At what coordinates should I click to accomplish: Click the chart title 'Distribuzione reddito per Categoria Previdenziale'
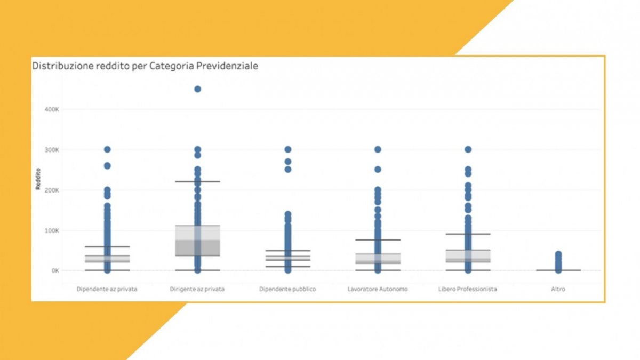tap(146, 66)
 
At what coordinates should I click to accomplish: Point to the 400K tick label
tap(51, 109)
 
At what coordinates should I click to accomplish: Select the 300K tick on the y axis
tap(51, 149)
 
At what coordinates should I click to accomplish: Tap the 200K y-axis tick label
tap(51, 190)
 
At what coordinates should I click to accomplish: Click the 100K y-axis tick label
tap(51, 230)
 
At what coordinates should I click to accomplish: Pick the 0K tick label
tap(54, 270)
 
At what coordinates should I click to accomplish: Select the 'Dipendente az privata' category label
tap(107, 289)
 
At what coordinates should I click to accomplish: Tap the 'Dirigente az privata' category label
tap(197, 289)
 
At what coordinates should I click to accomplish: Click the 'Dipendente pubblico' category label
tap(287, 289)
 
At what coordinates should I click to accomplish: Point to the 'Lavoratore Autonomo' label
tap(378, 289)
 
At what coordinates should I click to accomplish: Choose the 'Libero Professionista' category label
tap(468, 289)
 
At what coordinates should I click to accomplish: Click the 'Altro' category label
tap(558, 289)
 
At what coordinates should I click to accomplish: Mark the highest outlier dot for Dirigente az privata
tap(197, 89)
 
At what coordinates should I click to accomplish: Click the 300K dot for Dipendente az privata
tap(107, 149)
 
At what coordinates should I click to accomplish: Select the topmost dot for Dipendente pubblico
tap(287, 149)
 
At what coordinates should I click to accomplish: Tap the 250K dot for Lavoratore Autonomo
tap(378, 170)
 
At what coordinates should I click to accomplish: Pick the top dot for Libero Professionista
tap(468, 149)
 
